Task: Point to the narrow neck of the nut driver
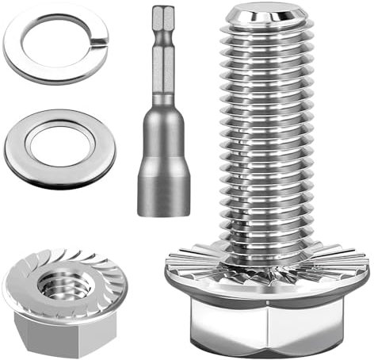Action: (164, 87)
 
